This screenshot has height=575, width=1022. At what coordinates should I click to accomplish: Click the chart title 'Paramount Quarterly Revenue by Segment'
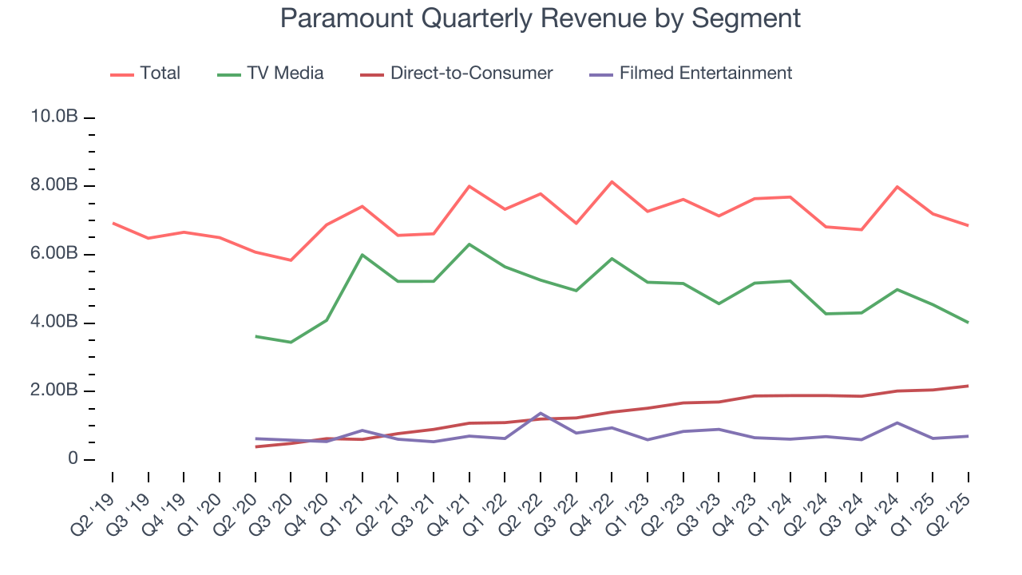pos(540,18)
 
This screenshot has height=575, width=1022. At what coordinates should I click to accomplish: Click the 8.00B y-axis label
pos(53,186)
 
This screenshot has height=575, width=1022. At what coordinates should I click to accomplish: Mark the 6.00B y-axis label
pos(53,254)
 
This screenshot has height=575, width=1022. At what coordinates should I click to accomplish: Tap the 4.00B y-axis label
pos(53,323)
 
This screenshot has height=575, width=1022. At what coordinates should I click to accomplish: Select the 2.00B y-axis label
pos(53,391)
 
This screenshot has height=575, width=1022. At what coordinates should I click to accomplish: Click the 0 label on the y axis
pos(71,459)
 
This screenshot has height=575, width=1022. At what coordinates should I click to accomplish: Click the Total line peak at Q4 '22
pos(612,181)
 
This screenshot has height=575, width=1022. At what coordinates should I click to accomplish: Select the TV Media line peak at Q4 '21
pos(469,244)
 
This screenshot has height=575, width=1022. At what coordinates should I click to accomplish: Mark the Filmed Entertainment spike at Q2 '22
pos(541,413)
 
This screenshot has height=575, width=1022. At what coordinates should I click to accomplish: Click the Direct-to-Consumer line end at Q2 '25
pos(969,386)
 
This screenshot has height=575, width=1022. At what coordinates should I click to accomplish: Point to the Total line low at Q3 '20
pos(291,260)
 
